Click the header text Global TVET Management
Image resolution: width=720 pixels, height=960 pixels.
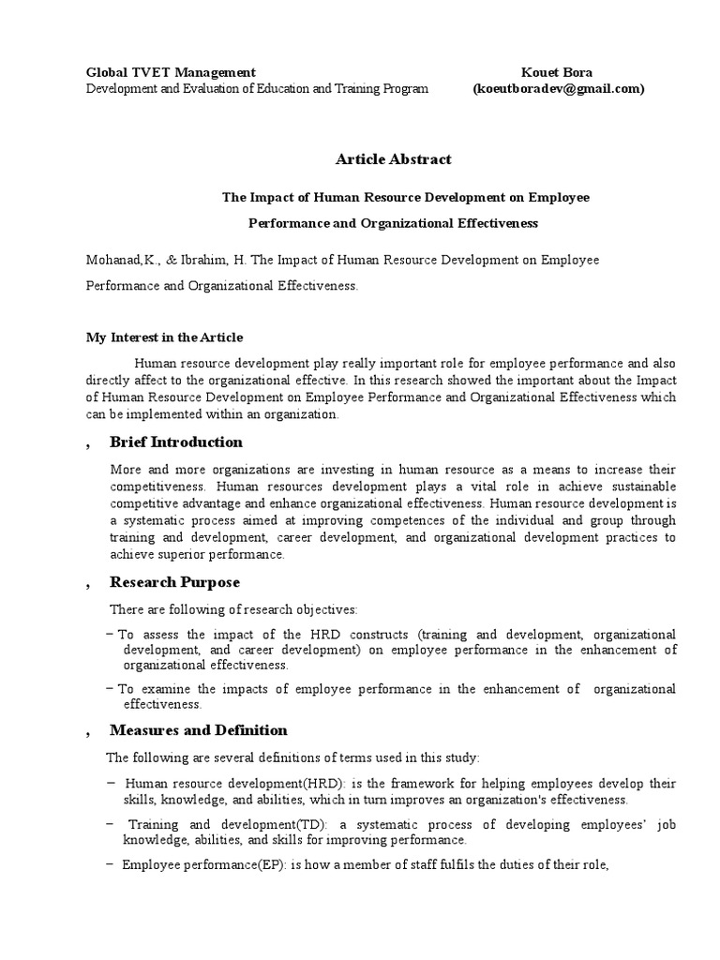171,72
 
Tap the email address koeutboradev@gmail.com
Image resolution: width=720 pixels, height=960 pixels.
558,88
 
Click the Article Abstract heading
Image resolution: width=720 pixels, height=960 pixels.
380,159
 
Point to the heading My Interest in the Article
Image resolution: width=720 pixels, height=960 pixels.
164,337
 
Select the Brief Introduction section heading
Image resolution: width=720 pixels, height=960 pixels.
175,442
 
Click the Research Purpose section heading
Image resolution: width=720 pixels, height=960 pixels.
174,582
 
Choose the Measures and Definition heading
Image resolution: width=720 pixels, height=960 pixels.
198,730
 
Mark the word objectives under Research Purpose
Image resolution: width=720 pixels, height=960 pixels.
311,609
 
